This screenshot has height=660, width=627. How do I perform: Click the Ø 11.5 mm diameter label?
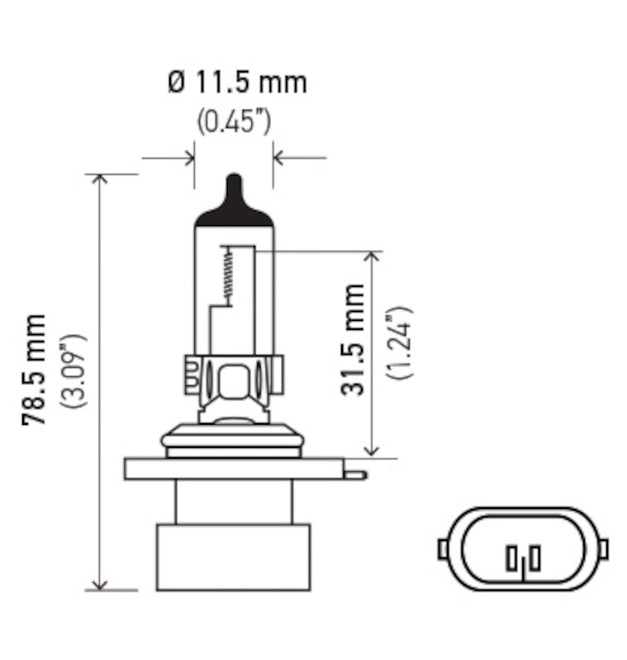236,82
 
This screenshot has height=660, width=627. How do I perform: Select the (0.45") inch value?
234,122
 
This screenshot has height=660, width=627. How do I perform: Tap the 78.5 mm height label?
35,370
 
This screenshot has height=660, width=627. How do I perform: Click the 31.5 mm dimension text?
354,339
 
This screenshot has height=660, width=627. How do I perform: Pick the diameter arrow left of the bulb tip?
186,156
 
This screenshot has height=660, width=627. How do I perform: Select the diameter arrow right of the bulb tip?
281,156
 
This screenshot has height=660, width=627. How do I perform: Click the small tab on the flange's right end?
354,474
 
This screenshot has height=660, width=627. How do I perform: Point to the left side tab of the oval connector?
443,548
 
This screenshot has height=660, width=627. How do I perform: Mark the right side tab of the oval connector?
602,548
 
